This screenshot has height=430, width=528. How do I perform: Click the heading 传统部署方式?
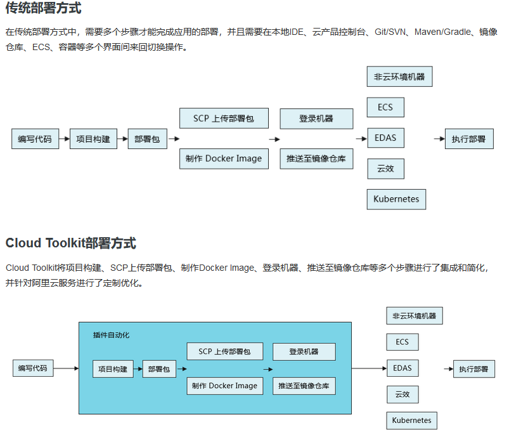(43, 9)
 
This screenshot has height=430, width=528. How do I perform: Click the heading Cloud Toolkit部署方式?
(70, 244)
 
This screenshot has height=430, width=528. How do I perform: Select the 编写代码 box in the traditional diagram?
(35, 139)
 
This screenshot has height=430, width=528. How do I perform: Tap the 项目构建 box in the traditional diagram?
(93, 139)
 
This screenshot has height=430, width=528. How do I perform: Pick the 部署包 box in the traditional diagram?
(148, 139)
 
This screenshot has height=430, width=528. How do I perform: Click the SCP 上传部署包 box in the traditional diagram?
(224, 119)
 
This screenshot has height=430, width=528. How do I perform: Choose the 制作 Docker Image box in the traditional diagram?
(224, 159)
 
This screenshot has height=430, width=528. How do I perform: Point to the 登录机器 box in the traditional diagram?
(316, 119)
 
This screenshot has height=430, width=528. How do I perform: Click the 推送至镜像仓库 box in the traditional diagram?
(316, 159)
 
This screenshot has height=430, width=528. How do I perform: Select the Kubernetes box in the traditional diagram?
(396, 199)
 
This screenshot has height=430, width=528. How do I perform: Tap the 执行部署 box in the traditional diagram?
(468, 139)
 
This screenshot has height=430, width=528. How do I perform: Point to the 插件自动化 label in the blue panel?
(111, 335)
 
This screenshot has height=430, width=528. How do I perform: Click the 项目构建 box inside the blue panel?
(113, 368)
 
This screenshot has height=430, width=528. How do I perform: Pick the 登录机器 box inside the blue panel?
(304, 352)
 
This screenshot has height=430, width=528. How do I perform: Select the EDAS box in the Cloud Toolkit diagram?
(402, 368)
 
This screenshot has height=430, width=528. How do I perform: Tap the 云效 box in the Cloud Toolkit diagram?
(402, 394)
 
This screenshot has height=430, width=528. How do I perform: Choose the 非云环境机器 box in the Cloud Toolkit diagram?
(415, 316)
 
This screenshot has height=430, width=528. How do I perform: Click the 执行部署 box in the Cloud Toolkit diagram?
(474, 368)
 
